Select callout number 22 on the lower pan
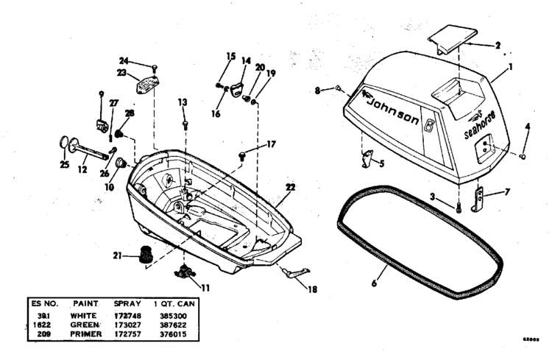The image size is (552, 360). (290, 188)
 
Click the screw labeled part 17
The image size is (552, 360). (242, 154)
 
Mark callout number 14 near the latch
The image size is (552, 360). (245, 61)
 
